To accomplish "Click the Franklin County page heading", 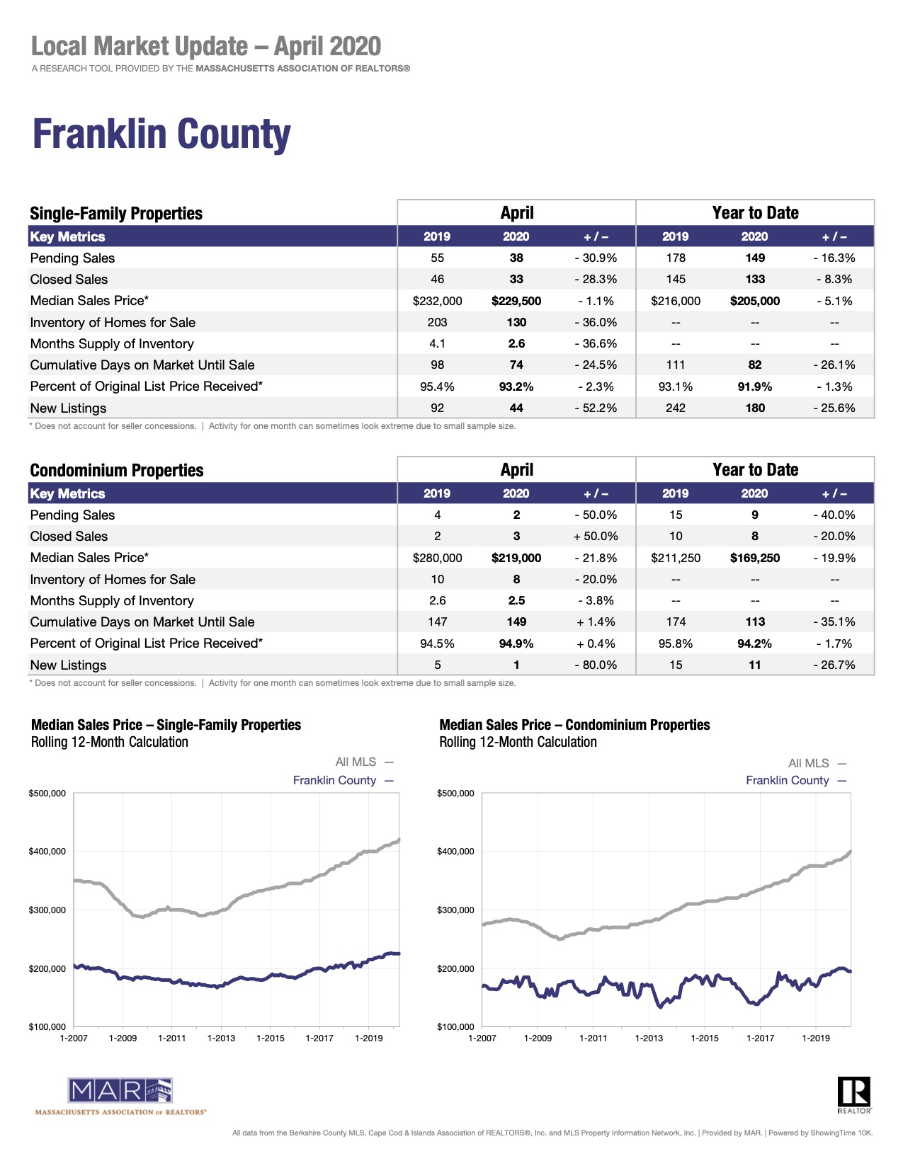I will point(161,134).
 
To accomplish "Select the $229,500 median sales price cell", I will point(516,301).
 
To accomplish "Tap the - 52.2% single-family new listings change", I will point(596,408).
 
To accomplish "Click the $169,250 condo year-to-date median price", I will point(755,558).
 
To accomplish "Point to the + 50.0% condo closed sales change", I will point(596,537).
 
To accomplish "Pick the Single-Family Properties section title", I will point(116,214).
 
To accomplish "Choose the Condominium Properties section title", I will point(117,471).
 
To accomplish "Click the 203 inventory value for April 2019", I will point(437,322).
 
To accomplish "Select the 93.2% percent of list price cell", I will point(516,387).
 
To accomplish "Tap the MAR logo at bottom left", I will point(120,1091).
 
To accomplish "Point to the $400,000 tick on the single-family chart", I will point(47,852).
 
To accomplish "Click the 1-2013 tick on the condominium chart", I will point(649,1038).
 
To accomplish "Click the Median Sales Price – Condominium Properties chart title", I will point(574,725).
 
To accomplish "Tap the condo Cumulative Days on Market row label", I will point(142,622).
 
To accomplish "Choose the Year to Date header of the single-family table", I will point(755,213).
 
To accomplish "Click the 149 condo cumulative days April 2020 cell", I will point(516,622).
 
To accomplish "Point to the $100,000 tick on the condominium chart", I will point(456,1026).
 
